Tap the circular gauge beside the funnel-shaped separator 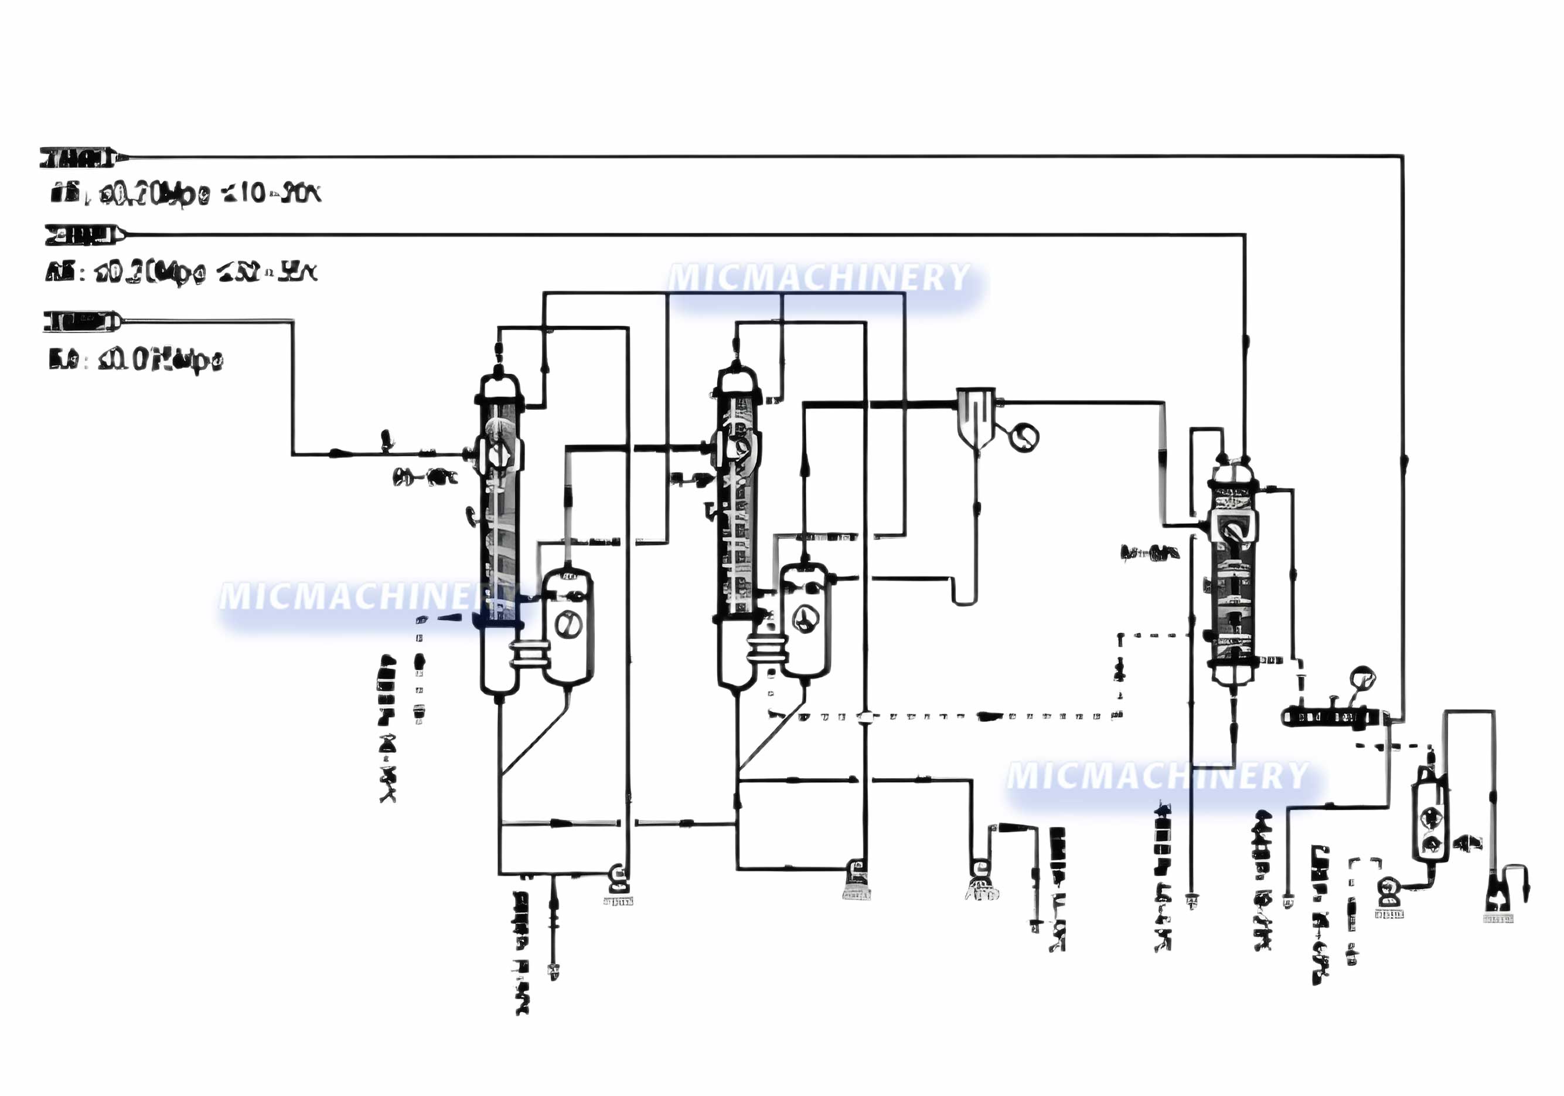pyautogui.click(x=1023, y=436)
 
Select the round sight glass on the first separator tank pyautogui.click(x=567, y=624)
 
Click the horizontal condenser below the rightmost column pyautogui.click(x=1330, y=717)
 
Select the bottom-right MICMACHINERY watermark pyautogui.click(x=1158, y=776)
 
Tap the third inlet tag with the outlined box pyautogui.click(x=80, y=320)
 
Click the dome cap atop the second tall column pyautogui.click(x=737, y=379)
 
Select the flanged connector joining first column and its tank pyautogui.click(x=530, y=653)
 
